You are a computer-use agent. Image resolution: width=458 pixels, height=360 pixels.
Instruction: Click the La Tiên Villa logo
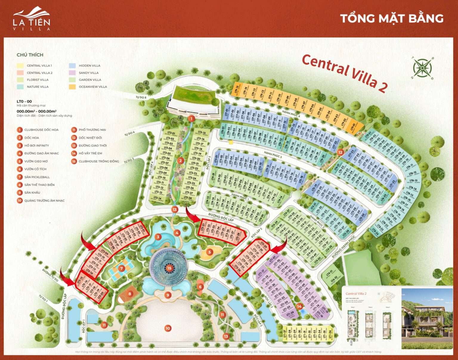[x=31, y=18]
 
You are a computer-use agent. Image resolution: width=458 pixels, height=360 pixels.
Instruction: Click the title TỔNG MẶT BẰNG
[x=392, y=18]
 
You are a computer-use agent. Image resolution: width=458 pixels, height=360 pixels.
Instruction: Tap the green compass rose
[x=422, y=68]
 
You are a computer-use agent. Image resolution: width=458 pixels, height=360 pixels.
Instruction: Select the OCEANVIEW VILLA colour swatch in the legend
[x=72, y=87]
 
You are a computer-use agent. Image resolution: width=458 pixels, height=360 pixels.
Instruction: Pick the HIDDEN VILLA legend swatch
[x=72, y=66]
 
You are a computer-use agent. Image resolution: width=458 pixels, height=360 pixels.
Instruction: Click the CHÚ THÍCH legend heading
[x=30, y=55]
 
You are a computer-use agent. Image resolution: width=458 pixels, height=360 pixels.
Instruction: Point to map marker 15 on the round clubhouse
[x=169, y=268]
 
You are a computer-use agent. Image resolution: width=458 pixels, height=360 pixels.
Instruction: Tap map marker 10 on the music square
[x=168, y=328]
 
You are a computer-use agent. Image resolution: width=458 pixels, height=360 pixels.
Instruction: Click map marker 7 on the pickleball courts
[x=121, y=268]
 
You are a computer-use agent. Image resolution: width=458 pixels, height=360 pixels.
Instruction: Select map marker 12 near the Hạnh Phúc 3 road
[x=340, y=152]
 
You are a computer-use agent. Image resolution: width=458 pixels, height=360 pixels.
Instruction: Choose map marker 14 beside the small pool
[x=299, y=306]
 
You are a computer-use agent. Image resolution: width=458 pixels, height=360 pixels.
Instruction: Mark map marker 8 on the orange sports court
[x=130, y=294]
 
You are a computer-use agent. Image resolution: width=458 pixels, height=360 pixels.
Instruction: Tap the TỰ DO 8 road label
[x=141, y=97]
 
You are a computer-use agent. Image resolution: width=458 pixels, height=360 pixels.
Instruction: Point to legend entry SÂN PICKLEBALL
[x=37, y=177]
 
